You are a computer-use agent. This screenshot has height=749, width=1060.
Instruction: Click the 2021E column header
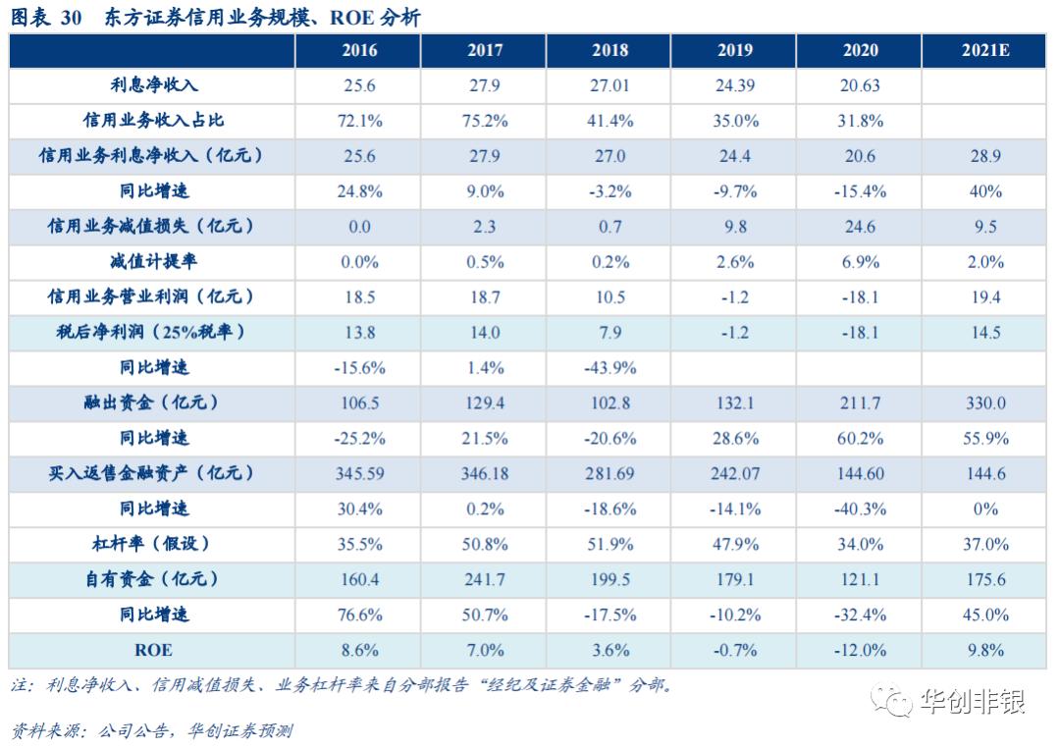pyautogui.click(x=985, y=51)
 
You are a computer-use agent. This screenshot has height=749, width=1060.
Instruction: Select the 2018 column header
pyautogui.click(x=609, y=51)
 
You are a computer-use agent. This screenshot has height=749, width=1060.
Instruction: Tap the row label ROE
pyautogui.click(x=153, y=650)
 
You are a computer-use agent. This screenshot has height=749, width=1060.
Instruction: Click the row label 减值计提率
pyautogui.click(x=153, y=262)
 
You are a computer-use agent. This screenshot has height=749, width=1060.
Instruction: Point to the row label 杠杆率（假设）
pyautogui.click(x=153, y=543)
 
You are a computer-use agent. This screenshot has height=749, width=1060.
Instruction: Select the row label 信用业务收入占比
pyautogui.click(x=153, y=121)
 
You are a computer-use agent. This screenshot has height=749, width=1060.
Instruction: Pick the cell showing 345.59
pyautogui.click(x=359, y=473)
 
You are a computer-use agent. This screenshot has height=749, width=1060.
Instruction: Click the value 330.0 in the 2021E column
pyautogui.click(x=985, y=402)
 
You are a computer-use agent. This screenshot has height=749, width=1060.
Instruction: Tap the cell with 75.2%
pyautogui.click(x=484, y=121)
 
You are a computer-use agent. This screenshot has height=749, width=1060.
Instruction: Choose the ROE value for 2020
pyautogui.click(x=860, y=650)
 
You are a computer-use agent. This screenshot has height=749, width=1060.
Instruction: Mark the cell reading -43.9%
pyautogui.click(x=609, y=368)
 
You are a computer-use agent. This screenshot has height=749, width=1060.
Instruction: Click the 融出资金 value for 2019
pyautogui.click(x=735, y=402)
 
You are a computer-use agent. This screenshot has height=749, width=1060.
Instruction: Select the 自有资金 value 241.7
pyautogui.click(x=484, y=579)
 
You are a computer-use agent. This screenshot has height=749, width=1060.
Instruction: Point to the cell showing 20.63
pyautogui.click(x=860, y=85)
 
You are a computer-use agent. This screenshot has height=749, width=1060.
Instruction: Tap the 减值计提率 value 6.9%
pyautogui.click(x=860, y=262)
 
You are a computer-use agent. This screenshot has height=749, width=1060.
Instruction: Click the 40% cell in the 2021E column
pyautogui.click(x=985, y=191)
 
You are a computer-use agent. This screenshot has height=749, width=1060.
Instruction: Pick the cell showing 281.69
pyautogui.click(x=609, y=473)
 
